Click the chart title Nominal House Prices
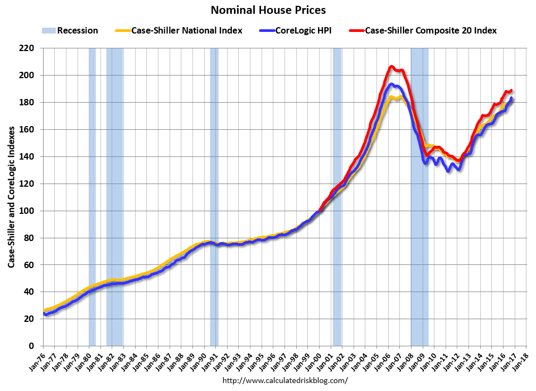tap(268, 10)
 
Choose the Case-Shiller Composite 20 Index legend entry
tap(430, 30)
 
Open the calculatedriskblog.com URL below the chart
tap(284, 380)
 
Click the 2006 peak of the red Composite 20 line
tap(391, 66)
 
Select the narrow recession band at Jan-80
tap(92, 197)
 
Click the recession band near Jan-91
tap(214, 197)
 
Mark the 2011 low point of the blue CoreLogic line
tap(449, 171)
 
